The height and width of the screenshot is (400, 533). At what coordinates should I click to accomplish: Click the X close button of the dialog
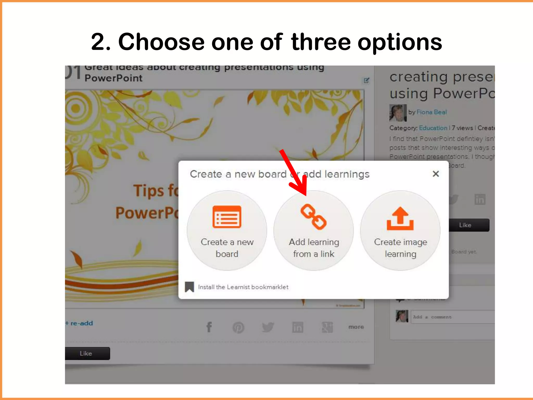point(436,174)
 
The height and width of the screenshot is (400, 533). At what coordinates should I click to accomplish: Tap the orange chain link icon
point(313,217)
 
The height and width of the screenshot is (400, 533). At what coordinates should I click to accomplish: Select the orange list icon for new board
point(227,217)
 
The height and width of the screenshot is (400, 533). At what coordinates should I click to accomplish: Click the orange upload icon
point(400,219)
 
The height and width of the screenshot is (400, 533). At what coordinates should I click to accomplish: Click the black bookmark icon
point(189,287)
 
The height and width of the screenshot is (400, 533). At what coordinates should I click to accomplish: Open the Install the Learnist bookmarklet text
point(243,287)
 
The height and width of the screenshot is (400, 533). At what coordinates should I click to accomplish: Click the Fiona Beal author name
point(432,112)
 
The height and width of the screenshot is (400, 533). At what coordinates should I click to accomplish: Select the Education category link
point(433,128)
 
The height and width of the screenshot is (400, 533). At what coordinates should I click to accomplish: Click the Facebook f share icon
point(209,327)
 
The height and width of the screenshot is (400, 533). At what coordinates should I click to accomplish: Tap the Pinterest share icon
point(238,327)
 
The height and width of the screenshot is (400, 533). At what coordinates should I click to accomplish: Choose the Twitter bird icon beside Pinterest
point(268,327)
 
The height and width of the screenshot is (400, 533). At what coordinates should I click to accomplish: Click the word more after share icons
point(356,327)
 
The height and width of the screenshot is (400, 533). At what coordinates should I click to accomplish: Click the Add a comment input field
point(453,317)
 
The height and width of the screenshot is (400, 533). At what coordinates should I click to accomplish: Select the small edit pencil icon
point(366,80)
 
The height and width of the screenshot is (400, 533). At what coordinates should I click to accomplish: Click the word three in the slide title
point(321,42)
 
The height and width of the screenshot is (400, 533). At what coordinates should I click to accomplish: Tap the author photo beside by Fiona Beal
point(398,113)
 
